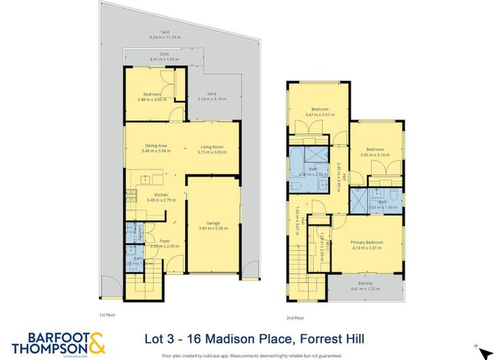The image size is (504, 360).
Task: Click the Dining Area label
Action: [156, 148]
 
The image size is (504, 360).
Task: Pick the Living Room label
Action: [212, 148]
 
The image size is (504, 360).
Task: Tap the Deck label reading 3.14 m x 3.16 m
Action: [212, 97]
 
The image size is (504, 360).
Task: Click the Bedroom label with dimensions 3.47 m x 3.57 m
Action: [320, 110]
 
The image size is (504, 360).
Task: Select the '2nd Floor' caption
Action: [295, 315]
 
